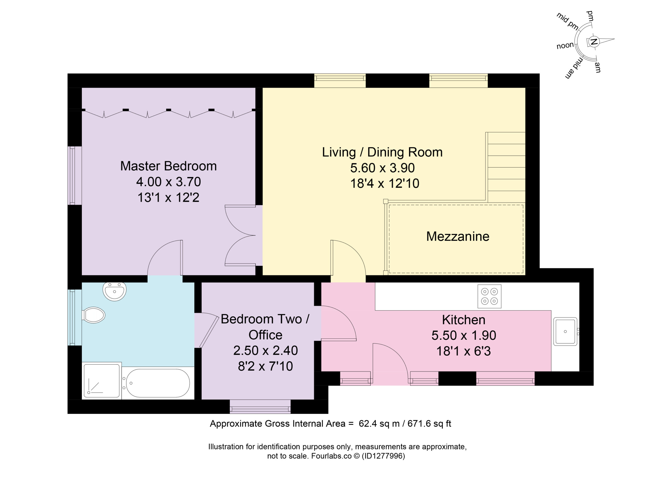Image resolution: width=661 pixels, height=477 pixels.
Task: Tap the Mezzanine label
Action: point(458,237)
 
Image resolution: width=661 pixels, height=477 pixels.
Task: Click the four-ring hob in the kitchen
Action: point(489,296)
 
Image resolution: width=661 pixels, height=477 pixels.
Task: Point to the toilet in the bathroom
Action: point(93,315)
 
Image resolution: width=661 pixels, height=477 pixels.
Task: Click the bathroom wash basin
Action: point(115,291)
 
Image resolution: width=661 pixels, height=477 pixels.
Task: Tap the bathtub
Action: point(158,383)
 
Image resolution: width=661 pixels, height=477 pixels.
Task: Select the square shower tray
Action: point(101,381)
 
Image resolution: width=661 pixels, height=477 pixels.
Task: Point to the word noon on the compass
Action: point(565,46)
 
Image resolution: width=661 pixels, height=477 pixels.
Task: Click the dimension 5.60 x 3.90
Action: point(382,168)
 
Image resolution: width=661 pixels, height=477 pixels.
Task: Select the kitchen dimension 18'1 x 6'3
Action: point(463,351)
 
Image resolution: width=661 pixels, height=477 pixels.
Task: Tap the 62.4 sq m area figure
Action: point(379,424)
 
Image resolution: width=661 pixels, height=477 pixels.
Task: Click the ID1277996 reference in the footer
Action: point(383,456)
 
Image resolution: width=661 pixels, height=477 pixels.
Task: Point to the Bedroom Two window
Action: point(260,407)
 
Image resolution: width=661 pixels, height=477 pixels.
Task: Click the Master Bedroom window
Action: point(75,175)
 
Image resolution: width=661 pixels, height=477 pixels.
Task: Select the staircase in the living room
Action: point(506,167)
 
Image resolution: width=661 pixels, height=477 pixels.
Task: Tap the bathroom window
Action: point(75,317)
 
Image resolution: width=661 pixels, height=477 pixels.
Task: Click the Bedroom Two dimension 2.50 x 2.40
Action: point(265,351)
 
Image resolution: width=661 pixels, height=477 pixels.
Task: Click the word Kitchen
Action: point(463,320)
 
